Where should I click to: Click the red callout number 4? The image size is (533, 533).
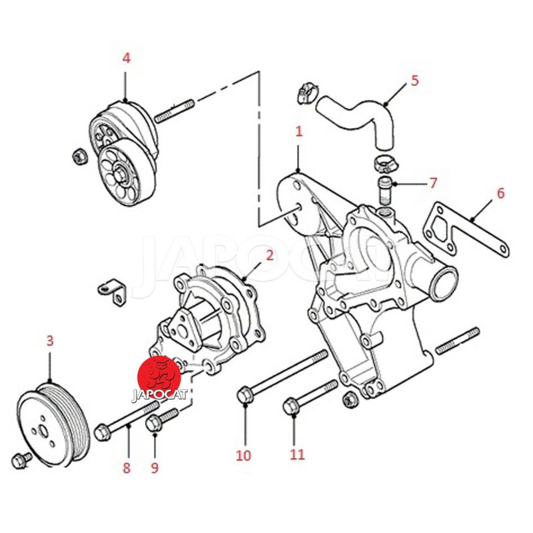pos(126,59)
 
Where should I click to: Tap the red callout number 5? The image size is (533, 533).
pos(414,81)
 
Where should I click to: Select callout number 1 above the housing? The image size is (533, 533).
pos(298,131)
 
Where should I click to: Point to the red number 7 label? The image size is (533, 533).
pos(432,183)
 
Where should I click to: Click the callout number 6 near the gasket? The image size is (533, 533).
pos(501,193)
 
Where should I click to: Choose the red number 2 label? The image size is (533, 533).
pos(270,255)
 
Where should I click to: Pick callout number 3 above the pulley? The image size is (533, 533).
pos(50,340)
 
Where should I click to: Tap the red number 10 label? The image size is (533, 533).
pos(243,456)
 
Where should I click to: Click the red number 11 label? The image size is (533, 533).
pos(297,454)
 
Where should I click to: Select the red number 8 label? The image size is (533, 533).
pos(127,468)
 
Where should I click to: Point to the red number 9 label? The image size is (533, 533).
pos(155,468)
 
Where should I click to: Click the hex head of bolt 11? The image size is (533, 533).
pos(292,406)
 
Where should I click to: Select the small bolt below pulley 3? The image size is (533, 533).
pos(21,459)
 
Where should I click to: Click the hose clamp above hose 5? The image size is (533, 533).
pos(307,92)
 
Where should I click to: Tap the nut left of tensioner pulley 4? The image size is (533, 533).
pos(80,157)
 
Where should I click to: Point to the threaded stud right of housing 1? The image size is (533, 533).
pos(458,340)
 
